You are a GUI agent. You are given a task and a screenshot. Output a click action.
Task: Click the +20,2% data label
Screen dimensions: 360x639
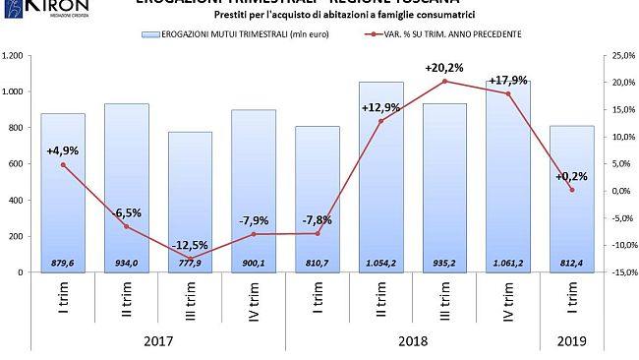coord(443,68)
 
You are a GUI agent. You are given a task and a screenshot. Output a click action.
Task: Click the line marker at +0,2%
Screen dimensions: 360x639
coord(571,190)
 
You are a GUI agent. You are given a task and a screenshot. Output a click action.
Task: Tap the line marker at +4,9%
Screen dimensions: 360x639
coord(63,164)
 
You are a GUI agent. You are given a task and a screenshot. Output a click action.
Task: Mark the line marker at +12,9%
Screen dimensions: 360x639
coord(380,121)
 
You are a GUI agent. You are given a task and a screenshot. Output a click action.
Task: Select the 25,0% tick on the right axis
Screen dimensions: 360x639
coord(616,56)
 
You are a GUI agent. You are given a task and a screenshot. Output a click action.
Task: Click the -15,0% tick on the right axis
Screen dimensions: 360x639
coord(616,272)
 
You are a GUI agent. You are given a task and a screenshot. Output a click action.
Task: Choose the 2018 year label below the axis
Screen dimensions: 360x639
coord(412,340)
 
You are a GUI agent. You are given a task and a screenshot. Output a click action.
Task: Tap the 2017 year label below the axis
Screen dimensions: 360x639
coord(157,340)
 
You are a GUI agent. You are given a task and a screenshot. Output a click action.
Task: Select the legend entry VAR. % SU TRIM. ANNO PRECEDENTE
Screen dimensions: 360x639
coord(443,34)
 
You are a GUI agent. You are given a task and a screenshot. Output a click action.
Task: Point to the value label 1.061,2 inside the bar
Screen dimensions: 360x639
coord(507,263)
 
